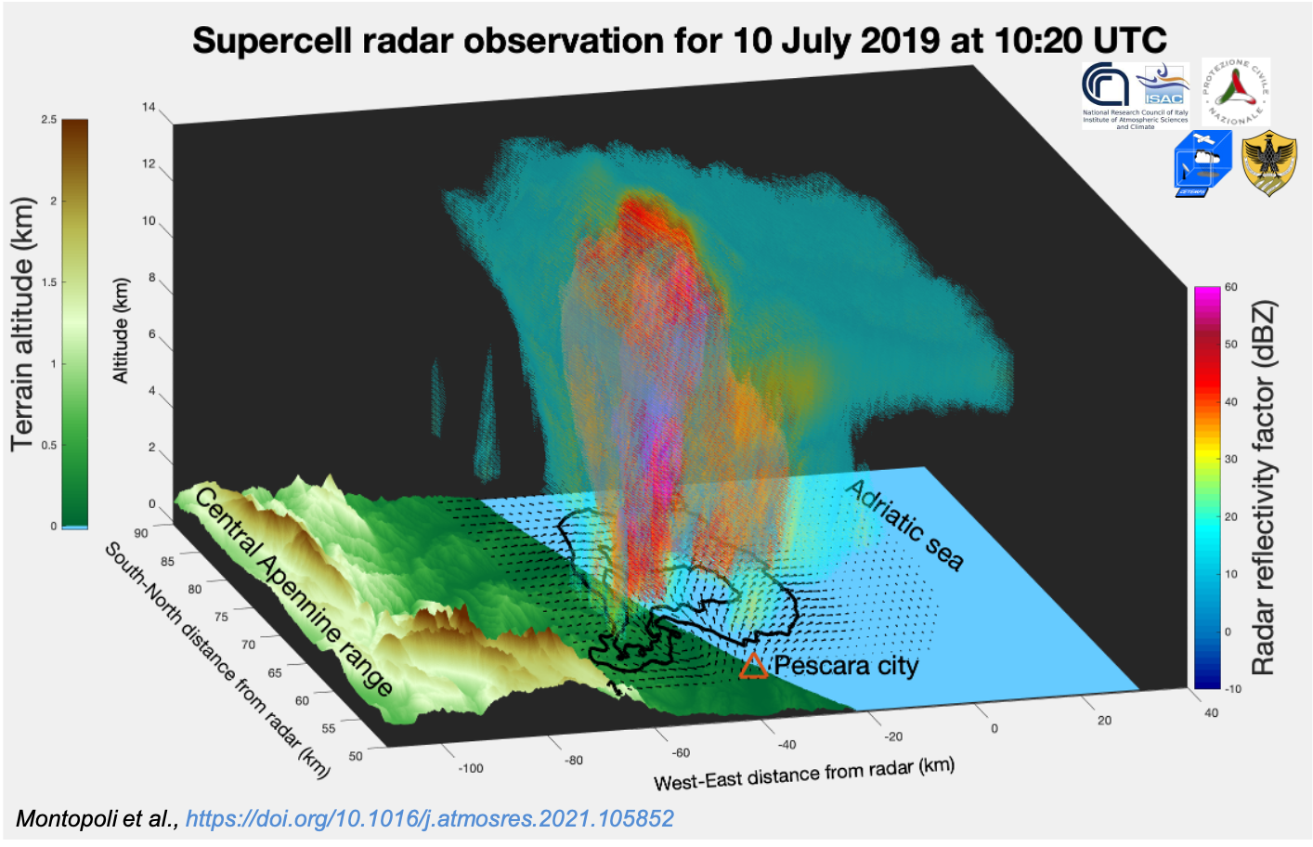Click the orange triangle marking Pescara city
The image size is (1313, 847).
pos(753,665)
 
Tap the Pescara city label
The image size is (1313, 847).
pos(846,666)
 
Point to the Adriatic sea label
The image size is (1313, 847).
pos(905,524)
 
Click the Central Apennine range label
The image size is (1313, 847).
pos(293,591)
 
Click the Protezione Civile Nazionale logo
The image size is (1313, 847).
pos(1236,92)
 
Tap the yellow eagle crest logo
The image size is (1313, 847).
pos(1268,163)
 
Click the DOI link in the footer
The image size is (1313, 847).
pos(429,818)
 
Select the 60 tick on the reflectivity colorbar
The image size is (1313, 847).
pos(1230,287)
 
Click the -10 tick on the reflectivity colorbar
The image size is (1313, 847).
pos(1232,688)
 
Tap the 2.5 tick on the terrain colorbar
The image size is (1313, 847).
pos(48,120)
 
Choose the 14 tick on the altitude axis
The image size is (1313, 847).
pos(149,107)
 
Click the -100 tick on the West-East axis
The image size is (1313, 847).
pos(471,768)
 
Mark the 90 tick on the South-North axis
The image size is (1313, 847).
pos(141,533)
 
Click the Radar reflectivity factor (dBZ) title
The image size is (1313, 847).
pos(1264,488)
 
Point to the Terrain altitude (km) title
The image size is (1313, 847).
pos(22,324)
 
